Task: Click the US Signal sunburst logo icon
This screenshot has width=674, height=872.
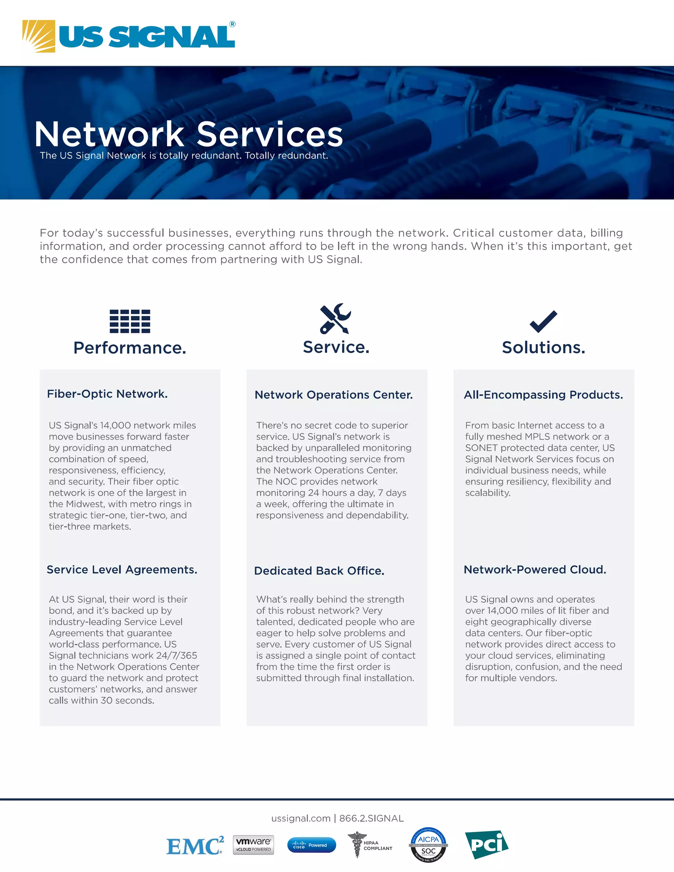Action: (x=39, y=36)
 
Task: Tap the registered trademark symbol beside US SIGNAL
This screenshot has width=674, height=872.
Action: (x=232, y=24)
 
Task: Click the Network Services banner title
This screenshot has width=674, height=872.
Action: (x=189, y=134)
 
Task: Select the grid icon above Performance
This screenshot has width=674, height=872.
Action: (x=130, y=321)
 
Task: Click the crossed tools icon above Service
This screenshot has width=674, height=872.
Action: (x=335, y=319)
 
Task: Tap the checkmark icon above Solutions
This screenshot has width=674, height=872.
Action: (x=543, y=321)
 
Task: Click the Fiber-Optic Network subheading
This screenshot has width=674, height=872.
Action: (x=107, y=394)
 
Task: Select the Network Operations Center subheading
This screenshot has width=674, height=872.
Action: (x=333, y=395)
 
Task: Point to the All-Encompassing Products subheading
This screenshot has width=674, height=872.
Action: (x=543, y=395)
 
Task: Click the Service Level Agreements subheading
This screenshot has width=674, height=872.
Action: (x=122, y=570)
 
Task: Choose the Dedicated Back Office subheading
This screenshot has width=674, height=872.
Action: (x=319, y=571)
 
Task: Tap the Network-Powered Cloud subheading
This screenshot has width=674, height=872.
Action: (x=535, y=570)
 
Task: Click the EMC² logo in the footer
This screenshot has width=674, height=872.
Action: (x=195, y=846)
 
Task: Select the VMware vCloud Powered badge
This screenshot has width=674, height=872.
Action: (x=253, y=845)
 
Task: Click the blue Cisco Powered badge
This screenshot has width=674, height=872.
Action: (x=311, y=845)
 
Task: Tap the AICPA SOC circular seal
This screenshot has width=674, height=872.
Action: (x=428, y=844)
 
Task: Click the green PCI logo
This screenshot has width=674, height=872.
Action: (x=486, y=844)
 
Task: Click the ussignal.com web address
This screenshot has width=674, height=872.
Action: (x=301, y=818)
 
